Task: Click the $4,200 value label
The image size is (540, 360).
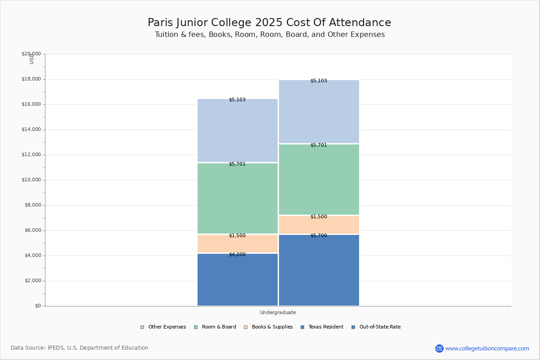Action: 237,255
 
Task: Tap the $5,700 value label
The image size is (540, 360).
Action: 319,236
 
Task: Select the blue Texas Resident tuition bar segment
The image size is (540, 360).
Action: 238,281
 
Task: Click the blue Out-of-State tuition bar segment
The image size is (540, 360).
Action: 319,272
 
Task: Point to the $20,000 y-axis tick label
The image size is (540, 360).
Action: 31,54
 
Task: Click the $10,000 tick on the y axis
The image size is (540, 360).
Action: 31,180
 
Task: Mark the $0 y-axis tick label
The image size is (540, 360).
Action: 38,306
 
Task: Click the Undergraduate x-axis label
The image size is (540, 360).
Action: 278,312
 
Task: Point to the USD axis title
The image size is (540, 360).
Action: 31,59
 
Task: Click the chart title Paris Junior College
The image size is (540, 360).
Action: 269,23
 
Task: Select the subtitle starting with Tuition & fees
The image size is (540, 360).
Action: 269,35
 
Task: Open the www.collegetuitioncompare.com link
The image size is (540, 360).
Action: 487,348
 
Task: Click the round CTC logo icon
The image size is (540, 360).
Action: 439,348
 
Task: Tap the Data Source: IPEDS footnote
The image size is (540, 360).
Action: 80,348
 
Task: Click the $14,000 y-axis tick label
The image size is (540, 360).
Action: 31,130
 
